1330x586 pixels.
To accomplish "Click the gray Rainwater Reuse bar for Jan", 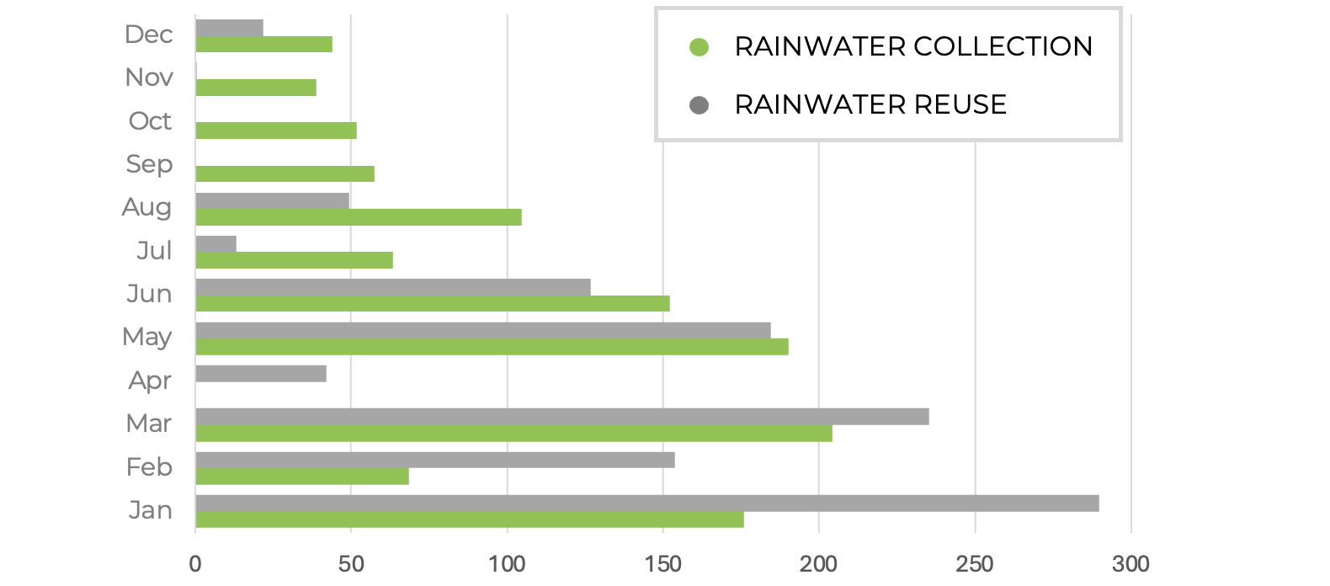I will pyautogui.click(x=646, y=503).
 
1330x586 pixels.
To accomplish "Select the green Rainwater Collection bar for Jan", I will pyautogui.click(x=470, y=519).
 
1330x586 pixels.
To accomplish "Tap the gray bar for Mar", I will pyautogui.click(x=562, y=417).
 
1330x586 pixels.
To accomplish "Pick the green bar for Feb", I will pyautogui.click(x=302, y=477).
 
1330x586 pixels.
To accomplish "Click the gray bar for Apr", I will pyautogui.click(x=261, y=373).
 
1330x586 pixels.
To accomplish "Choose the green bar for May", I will pyautogui.click(x=492, y=347).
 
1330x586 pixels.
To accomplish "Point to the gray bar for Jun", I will pyautogui.click(x=393, y=287).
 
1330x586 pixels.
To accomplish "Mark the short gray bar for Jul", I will pyautogui.click(x=215, y=244).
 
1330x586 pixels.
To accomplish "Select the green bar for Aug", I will pyautogui.click(x=359, y=217).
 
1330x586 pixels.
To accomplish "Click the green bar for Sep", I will pyautogui.click(x=285, y=174).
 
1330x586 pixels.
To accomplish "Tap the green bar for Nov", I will pyautogui.click(x=256, y=88).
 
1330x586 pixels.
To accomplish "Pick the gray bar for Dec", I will pyautogui.click(x=229, y=28).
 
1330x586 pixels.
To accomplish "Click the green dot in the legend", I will pyautogui.click(x=699, y=47).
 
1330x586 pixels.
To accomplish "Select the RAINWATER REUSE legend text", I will pyautogui.click(x=870, y=104).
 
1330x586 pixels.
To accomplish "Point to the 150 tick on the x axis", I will pyautogui.click(x=663, y=563).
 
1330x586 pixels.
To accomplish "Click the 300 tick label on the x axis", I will pyautogui.click(x=1130, y=563).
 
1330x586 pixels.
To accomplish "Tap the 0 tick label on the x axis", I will pyautogui.click(x=195, y=563).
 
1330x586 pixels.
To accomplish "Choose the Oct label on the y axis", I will pyautogui.click(x=150, y=121).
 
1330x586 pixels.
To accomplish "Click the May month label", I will pyautogui.click(x=147, y=337).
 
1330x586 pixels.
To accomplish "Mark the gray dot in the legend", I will pyautogui.click(x=699, y=105).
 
